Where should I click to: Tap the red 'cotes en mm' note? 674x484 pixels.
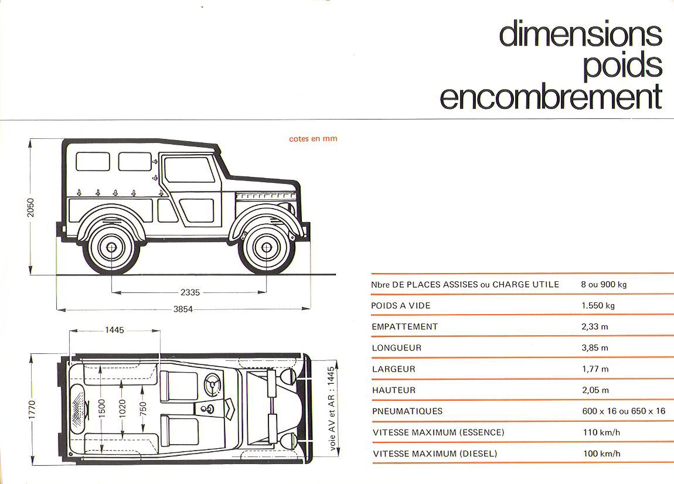click(313, 139)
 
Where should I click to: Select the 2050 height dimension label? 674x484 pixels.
click(30, 207)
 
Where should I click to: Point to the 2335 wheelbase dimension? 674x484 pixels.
click(190, 292)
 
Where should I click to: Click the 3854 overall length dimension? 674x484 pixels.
click(183, 309)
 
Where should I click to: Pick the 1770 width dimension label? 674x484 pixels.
click(32, 410)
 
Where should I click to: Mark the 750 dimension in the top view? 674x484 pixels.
click(143, 408)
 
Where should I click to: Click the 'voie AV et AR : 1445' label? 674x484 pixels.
click(331, 408)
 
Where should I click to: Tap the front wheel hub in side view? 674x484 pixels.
click(267, 248)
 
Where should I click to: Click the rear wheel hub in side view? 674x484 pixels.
click(111, 248)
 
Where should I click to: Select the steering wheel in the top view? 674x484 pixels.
click(212, 384)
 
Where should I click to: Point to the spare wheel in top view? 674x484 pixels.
click(78, 407)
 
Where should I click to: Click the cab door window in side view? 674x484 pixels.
click(189, 169)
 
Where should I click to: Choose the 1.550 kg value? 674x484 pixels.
click(598, 306)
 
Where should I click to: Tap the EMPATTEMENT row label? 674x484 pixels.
click(404, 327)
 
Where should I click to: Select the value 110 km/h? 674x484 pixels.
click(602, 432)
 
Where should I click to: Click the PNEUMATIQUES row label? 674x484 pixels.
click(407, 411)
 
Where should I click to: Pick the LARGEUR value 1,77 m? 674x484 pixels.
click(595, 369)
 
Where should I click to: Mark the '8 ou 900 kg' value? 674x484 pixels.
click(604, 285)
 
